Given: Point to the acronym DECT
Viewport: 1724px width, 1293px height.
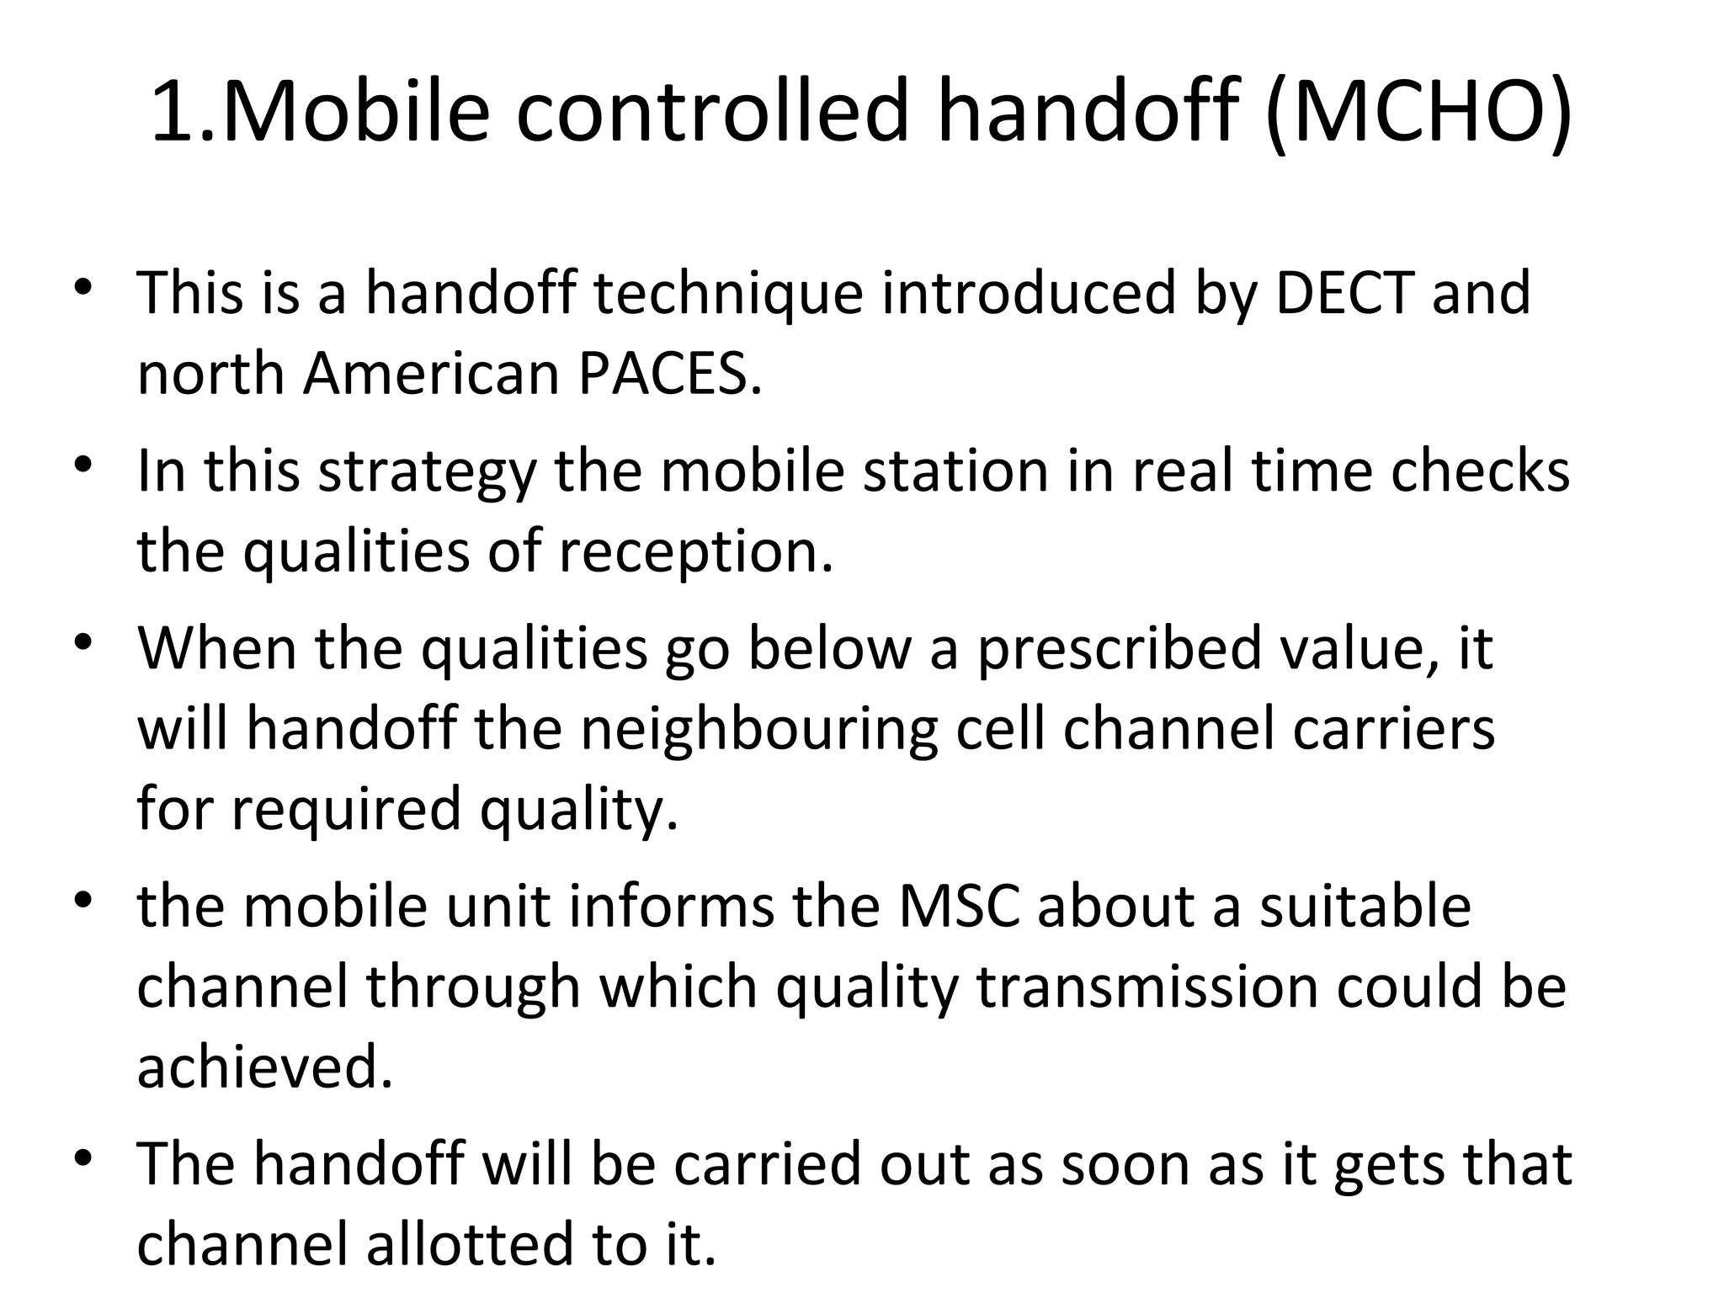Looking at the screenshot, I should [1344, 293].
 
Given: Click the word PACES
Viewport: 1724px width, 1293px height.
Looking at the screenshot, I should [669, 374].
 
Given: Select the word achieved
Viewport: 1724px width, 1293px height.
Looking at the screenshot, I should [264, 1067].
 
